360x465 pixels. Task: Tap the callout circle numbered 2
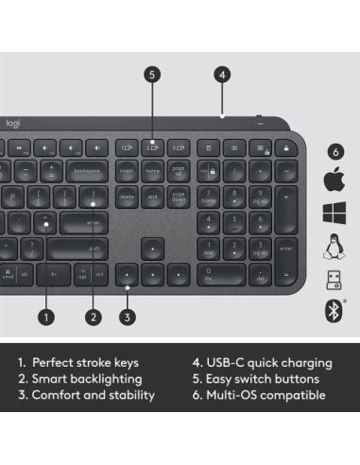(93, 318)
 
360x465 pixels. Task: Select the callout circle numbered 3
(127, 318)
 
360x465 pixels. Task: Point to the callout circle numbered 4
(221, 73)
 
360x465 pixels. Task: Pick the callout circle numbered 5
(152, 73)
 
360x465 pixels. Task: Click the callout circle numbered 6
(333, 149)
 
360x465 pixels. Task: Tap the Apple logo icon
(333, 180)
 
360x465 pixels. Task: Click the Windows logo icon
(333, 211)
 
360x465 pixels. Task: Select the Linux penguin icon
(333, 245)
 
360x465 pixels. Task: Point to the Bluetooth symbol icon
(333, 308)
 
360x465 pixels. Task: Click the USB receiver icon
(333, 278)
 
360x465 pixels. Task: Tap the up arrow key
(149, 248)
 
